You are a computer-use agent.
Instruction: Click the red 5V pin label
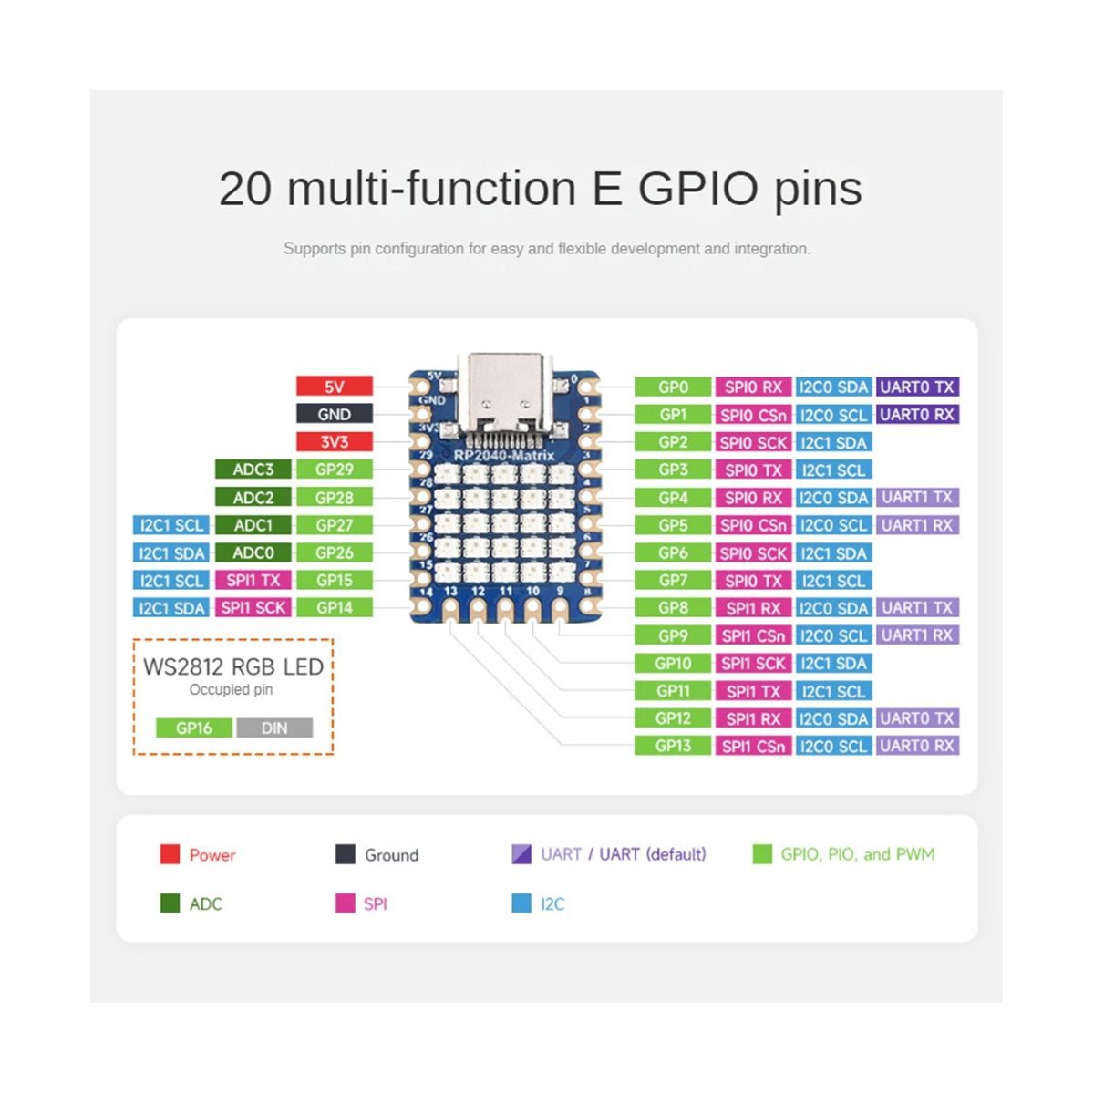tap(335, 387)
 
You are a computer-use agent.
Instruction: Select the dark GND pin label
tap(335, 414)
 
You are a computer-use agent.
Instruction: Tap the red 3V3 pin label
tap(335, 441)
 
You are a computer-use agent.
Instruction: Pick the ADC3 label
tap(253, 470)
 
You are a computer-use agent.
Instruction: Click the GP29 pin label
tap(335, 470)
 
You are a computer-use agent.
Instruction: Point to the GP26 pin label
tap(335, 552)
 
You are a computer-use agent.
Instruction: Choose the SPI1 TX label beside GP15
tap(253, 580)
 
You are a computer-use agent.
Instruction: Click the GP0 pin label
tap(673, 387)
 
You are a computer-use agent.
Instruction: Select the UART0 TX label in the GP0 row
tap(917, 387)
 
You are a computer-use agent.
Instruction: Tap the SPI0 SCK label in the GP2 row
tap(753, 442)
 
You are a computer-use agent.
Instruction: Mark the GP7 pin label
tap(673, 581)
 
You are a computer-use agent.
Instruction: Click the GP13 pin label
tap(673, 746)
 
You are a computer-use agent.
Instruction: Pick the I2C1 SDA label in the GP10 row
tap(833, 664)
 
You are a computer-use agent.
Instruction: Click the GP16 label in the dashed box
tap(194, 728)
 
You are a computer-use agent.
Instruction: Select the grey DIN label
tap(274, 728)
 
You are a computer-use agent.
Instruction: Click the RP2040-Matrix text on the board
tap(504, 455)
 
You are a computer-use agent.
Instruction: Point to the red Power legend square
tap(170, 854)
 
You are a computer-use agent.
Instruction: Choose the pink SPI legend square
tap(346, 903)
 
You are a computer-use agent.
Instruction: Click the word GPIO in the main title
tap(697, 189)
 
